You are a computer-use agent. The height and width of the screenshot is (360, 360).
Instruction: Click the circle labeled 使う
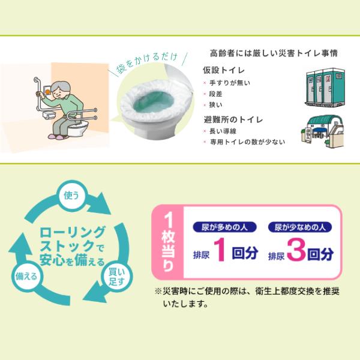click(x=71, y=195)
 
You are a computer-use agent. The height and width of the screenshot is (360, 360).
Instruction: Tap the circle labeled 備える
click(x=26, y=276)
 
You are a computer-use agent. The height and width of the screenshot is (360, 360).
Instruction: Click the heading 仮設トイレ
click(x=224, y=70)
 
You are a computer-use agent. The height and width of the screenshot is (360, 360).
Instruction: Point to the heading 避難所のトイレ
click(x=233, y=119)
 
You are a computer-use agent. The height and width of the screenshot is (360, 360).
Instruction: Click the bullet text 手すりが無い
click(x=230, y=83)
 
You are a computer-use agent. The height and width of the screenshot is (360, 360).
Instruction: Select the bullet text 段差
click(x=215, y=94)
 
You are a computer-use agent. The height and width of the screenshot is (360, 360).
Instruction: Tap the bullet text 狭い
click(x=216, y=105)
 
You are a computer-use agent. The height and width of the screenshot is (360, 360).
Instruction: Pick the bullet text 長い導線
click(x=223, y=131)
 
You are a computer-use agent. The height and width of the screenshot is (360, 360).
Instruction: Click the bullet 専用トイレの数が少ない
click(x=247, y=142)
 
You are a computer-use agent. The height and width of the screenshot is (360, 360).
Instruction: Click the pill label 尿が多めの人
click(x=224, y=227)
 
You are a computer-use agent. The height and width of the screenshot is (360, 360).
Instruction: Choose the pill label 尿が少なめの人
click(x=300, y=227)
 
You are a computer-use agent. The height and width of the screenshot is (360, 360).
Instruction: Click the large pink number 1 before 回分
click(x=221, y=250)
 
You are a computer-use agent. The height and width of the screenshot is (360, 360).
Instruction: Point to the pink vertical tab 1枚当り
click(x=168, y=242)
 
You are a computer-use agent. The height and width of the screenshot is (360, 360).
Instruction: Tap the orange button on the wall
click(x=48, y=92)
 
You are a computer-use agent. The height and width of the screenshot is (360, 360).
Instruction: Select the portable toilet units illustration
click(x=325, y=87)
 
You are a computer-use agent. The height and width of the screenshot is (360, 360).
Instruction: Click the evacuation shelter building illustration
click(x=323, y=131)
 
